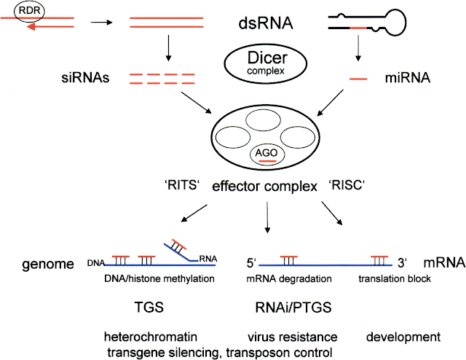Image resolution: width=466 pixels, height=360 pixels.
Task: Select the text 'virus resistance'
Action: pyautogui.click(x=292, y=337)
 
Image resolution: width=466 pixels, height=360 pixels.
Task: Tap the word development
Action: pyautogui.click(x=403, y=337)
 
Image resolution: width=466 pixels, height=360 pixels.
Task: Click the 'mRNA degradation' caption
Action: pyautogui.click(x=289, y=278)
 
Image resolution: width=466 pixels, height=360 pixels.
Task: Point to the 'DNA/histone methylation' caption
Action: pyautogui.click(x=149, y=278)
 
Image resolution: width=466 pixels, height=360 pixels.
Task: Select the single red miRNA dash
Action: pyautogui.click(x=358, y=78)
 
